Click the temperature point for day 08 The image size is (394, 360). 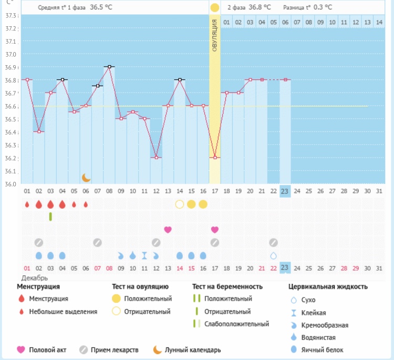109,67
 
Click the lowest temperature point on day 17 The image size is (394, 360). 215,157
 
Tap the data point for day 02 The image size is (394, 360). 39,131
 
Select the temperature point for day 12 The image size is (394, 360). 156,157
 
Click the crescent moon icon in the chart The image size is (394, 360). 86,178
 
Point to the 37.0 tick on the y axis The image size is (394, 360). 11,54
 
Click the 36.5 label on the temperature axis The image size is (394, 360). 11,119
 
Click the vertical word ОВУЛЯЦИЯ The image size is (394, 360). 215,34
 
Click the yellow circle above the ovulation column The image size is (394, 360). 215,8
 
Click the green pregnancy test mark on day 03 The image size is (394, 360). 50,216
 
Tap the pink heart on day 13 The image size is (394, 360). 168,230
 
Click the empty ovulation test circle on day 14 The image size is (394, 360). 180,204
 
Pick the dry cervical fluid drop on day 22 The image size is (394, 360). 273,255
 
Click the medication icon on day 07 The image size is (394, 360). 97,242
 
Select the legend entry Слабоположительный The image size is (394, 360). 236,324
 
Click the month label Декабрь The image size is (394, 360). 35,277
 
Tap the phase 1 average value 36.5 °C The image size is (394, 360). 101,8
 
